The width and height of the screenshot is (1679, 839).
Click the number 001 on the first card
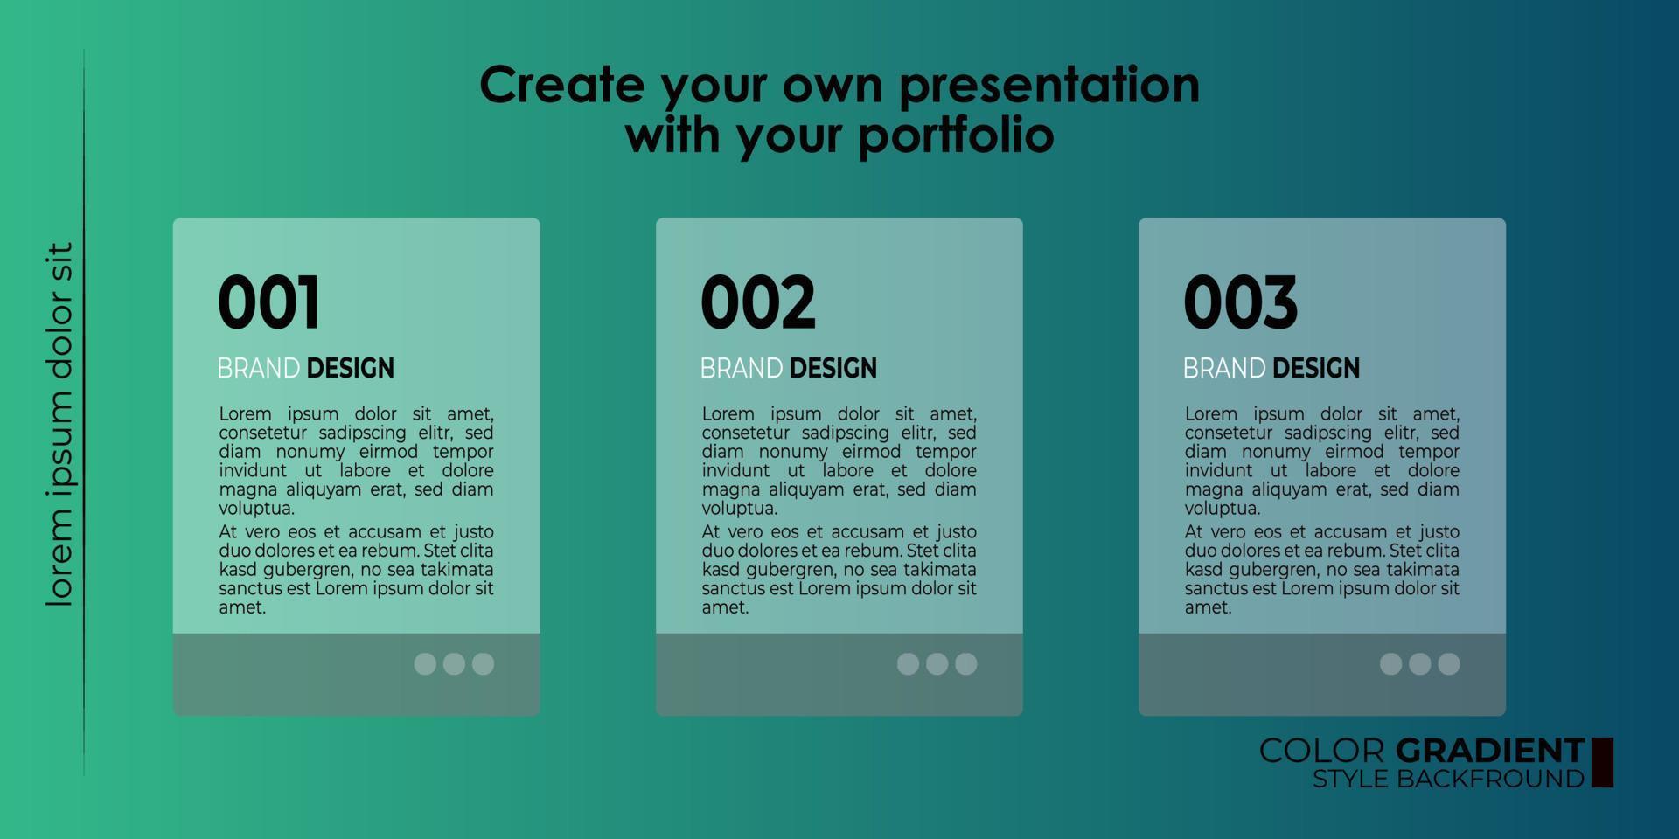tap(268, 302)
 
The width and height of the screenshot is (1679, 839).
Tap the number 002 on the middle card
tap(757, 302)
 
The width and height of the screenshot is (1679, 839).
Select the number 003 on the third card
tap(1240, 302)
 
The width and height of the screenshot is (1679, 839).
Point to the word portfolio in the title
tap(957, 136)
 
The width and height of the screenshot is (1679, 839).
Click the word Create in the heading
tap(562, 85)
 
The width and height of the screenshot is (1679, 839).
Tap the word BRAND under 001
tap(259, 368)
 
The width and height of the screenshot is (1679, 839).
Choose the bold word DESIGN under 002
tap(833, 368)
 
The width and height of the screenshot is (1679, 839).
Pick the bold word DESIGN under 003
tap(1316, 368)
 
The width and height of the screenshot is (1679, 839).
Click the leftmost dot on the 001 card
tap(425, 664)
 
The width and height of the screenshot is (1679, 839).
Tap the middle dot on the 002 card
tap(937, 664)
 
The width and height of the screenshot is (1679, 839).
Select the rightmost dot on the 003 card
tap(1449, 664)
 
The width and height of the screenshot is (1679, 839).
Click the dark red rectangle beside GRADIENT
tap(1602, 762)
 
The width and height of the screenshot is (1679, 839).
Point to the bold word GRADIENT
tap(1490, 751)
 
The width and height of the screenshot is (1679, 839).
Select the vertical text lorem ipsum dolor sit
tap(59, 425)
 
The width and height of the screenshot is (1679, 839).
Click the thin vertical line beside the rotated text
tap(84, 413)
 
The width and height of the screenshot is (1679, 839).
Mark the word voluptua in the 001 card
tap(257, 509)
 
